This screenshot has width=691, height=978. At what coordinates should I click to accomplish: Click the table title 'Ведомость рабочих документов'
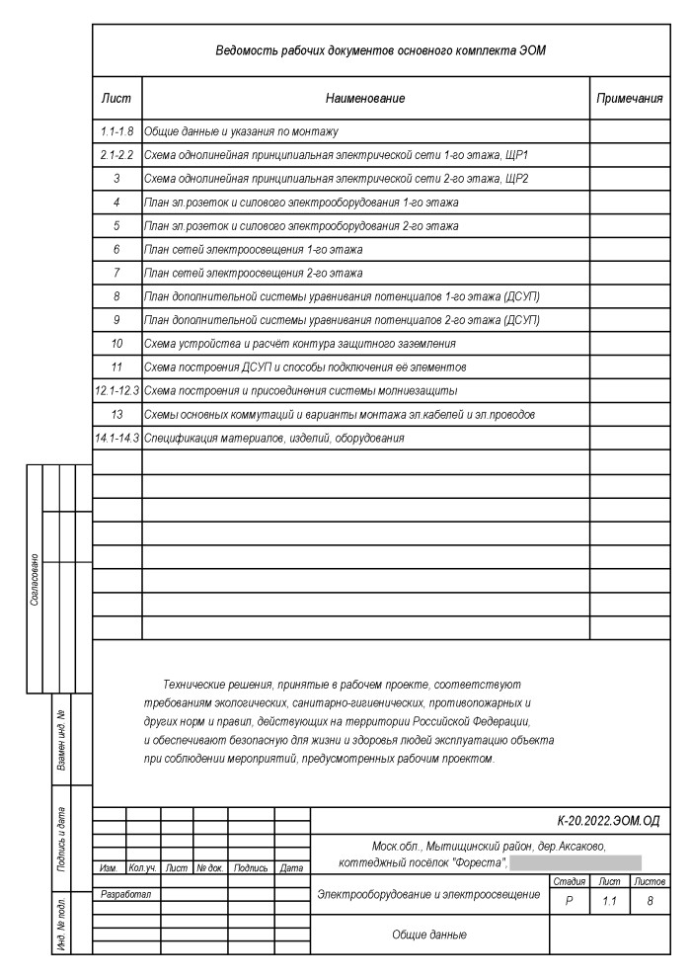(380, 48)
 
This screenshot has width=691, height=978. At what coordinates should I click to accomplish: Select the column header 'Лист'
(116, 99)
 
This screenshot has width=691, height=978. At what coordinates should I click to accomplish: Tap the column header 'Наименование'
(365, 99)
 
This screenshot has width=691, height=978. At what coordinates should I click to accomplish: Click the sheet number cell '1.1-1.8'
(116, 130)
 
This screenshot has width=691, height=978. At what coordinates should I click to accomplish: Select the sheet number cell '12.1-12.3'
(116, 390)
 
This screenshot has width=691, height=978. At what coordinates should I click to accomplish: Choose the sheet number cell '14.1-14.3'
(116, 438)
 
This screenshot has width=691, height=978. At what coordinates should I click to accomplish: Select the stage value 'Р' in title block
(569, 901)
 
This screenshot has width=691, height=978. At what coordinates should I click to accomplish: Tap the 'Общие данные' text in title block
(427, 934)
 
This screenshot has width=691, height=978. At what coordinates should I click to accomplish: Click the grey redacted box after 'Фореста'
(575, 864)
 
